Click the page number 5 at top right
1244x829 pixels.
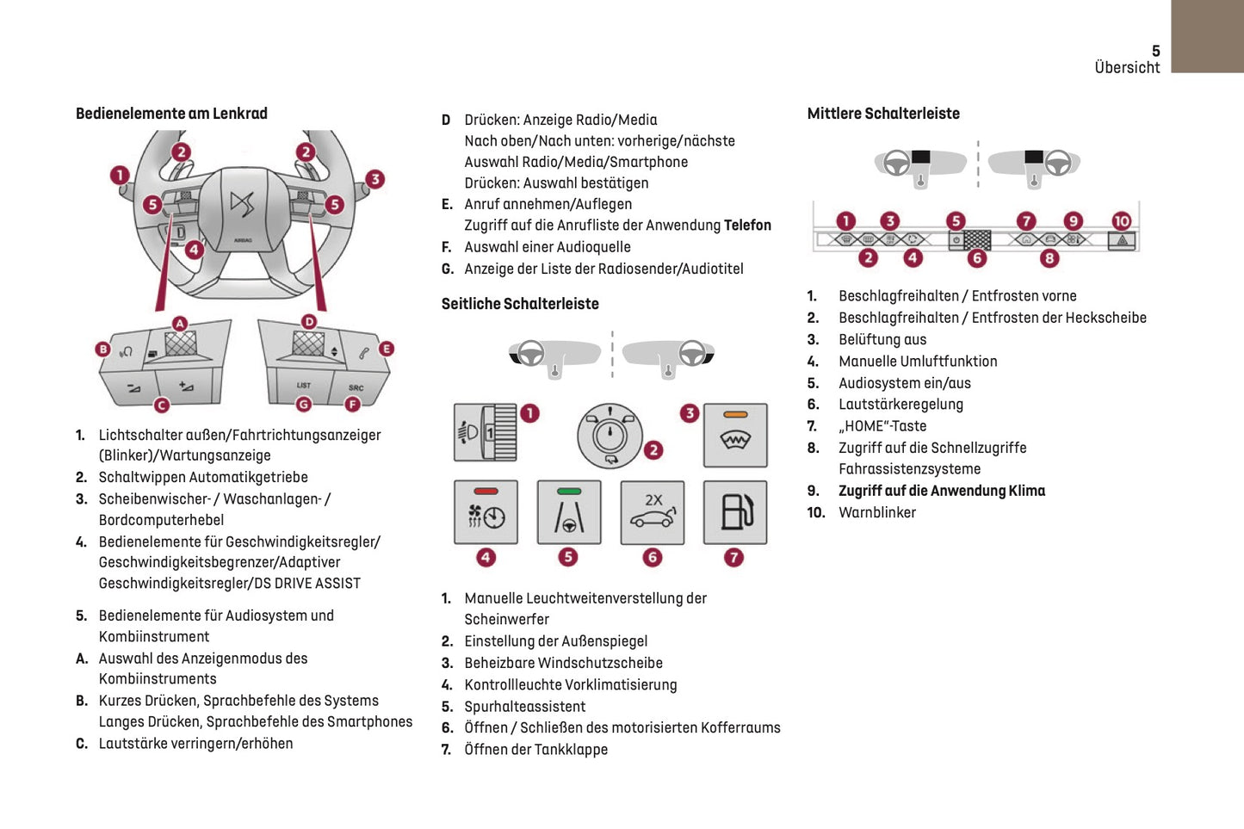point(1155,51)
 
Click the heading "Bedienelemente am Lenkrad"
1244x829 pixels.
point(171,114)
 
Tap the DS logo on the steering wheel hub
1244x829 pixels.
point(242,206)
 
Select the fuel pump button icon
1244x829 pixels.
point(735,512)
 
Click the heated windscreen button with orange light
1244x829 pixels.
point(735,435)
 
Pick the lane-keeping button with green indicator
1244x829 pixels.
point(568,512)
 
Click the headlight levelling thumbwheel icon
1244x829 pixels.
point(485,432)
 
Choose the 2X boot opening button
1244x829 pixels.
point(653,512)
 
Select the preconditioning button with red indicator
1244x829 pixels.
point(486,512)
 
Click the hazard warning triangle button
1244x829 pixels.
point(1122,241)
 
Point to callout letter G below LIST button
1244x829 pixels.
point(303,405)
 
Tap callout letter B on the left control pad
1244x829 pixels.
point(103,349)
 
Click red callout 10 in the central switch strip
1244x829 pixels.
point(1121,221)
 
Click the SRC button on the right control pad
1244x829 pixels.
point(356,387)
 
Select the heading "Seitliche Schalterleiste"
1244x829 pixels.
point(520,304)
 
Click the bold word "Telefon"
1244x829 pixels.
point(747,226)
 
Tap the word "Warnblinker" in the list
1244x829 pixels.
point(877,512)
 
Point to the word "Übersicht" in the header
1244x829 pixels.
point(1127,67)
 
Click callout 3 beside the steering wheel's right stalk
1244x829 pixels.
point(374,179)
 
